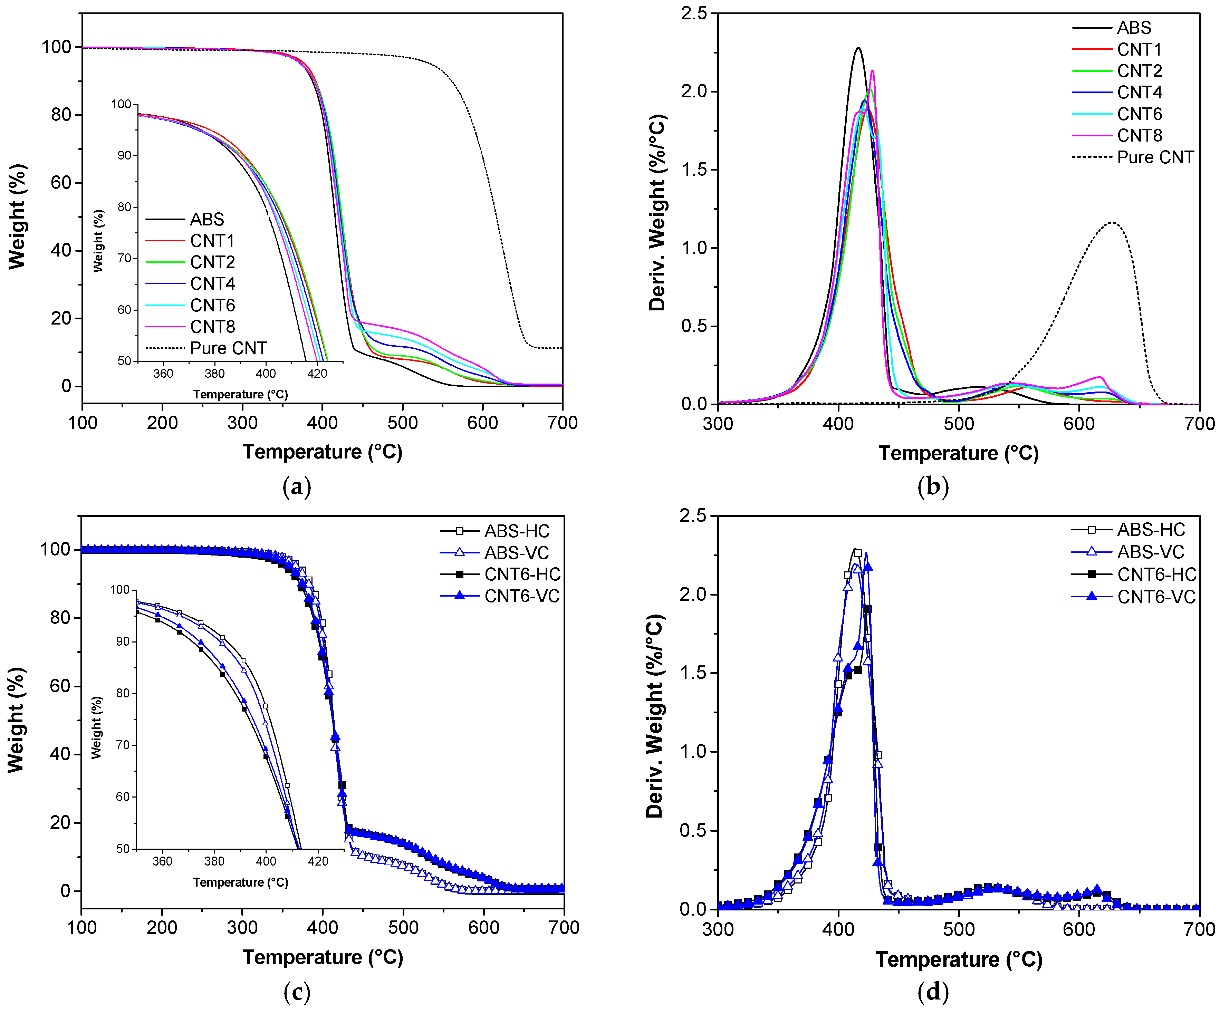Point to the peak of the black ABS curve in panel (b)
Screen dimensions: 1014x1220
pos(857,48)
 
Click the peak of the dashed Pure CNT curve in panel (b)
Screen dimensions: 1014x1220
pos(1112,222)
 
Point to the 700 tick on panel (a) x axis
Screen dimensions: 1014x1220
pos(562,423)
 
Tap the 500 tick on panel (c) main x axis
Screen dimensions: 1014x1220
pos(403,927)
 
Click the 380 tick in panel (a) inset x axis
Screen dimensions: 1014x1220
pos(214,374)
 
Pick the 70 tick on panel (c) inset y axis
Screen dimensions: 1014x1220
pos(123,745)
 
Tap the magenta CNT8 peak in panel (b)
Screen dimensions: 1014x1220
pos(872,71)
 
